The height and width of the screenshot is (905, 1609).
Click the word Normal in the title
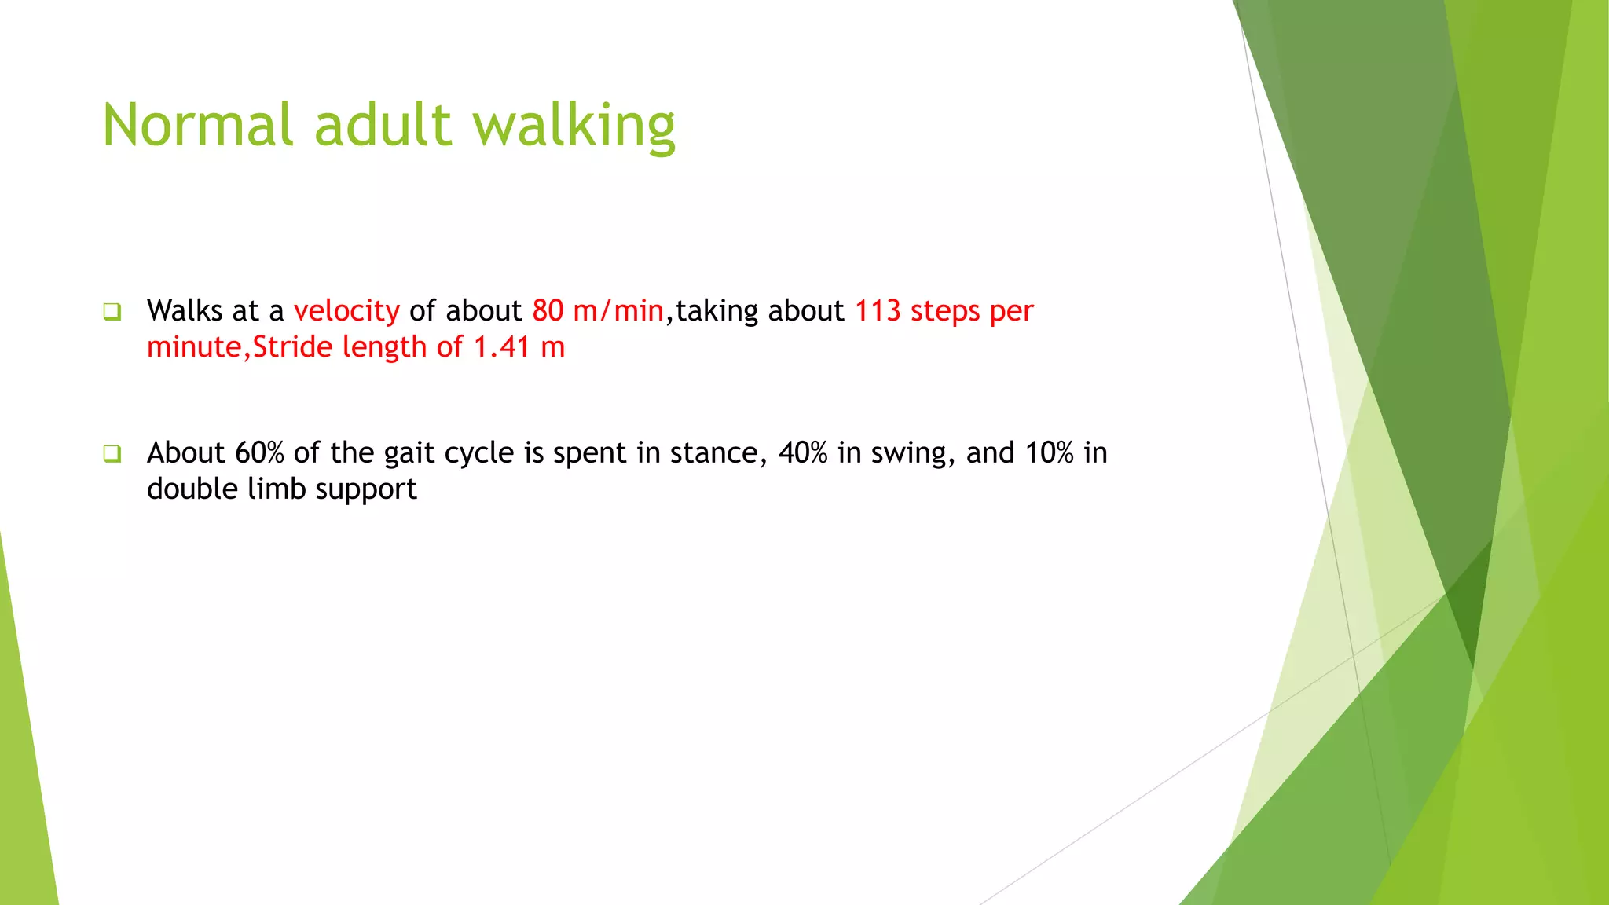coord(198,126)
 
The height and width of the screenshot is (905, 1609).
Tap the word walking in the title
coord(574,126)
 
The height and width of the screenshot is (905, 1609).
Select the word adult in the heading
coord(383,126)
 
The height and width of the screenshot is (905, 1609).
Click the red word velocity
coord(346,311)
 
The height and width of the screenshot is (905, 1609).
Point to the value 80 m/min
coord(598,311)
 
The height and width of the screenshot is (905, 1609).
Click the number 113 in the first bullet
coord(877,311)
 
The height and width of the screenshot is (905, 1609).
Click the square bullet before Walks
coord(112,312)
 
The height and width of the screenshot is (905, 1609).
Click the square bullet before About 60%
coord(112,453)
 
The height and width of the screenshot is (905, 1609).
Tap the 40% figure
coord(803,453)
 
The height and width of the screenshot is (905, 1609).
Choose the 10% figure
coord(1049,453)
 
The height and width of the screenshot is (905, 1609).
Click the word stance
coord(718,453)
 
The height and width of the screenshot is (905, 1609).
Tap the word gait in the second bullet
coord(409,453)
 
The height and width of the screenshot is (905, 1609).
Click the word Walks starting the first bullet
coord(185,311)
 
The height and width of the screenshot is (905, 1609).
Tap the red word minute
coord(194,347)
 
